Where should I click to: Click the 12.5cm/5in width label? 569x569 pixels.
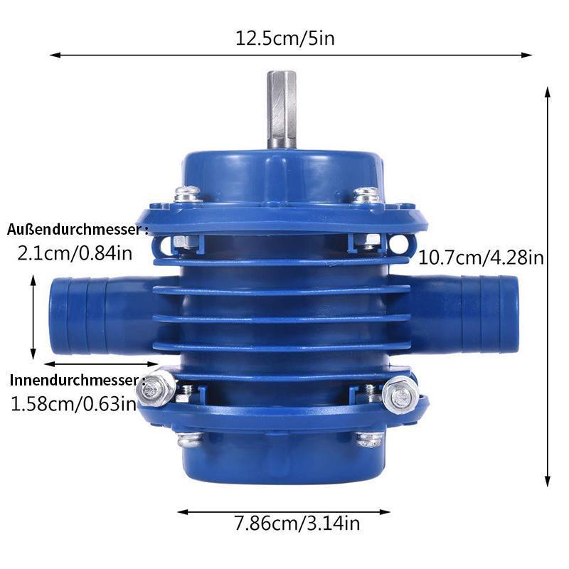(x=284, y=38)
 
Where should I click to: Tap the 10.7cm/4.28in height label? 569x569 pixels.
(x=482, y=257)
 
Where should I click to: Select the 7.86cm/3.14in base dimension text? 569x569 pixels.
(x=297, y=525)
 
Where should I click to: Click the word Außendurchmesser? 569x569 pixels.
(x=76, y=230)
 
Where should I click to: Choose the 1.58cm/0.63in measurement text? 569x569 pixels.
(x=73, y=404)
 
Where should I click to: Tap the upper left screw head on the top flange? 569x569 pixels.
(x=188, y=193)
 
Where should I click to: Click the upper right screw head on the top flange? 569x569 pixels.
(x=366, y=193)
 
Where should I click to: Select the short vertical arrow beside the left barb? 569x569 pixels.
(x=33, y=317)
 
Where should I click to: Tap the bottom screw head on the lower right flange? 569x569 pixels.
(x=370, y=438)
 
